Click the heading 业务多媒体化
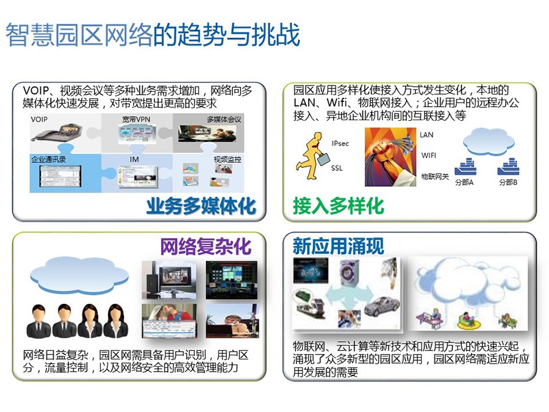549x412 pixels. coord(201,206)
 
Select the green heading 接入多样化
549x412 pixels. coord(338,206)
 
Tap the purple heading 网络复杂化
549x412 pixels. coord(206,247)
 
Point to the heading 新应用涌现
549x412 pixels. coord(338,246)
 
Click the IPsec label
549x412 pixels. coord(340,143)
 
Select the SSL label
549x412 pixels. coord(337,168)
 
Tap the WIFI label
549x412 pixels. coord(429,155)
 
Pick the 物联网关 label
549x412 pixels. coord(435,176)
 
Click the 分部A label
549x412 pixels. coord(464,182)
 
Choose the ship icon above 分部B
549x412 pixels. coord(508,167)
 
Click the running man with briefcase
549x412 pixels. coord(312,156)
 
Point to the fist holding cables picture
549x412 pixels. coord(390,157)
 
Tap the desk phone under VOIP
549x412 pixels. coord(58,132)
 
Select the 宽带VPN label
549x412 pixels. coord(136,120)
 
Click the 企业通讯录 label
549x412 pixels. coord(49,159)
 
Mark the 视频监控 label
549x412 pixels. coord(228,159)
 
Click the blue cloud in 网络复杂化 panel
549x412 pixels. coord(79,275)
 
